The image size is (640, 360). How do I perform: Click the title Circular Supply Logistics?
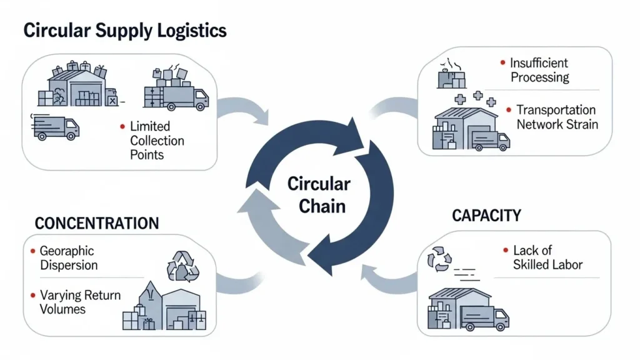pos(124,30)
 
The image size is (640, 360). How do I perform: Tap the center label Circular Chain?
pos(319,194)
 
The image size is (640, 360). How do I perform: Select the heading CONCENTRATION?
pos(97,223)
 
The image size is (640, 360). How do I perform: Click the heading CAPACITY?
pos(486,216)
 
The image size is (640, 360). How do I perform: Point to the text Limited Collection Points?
pos(157,141)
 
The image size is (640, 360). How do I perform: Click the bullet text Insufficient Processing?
pos(539,70)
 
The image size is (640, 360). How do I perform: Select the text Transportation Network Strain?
pos(557,117)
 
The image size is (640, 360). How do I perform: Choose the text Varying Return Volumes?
pos(80,302)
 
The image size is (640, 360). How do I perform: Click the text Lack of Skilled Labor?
pos(547,257)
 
